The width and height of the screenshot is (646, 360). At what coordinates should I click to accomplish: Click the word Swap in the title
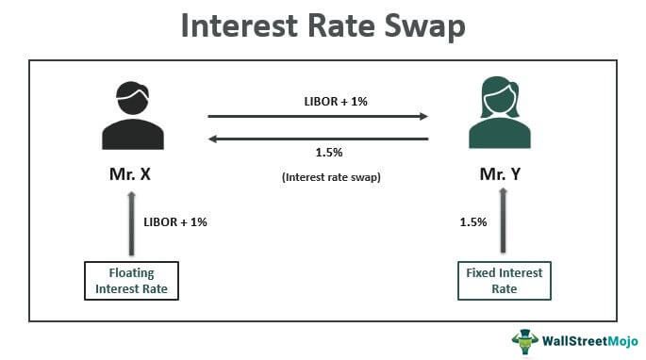(x=419, y=25)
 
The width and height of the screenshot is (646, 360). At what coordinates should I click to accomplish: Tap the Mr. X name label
(x=129, y=174)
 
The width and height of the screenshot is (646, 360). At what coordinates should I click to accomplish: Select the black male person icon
(x=129, y=118)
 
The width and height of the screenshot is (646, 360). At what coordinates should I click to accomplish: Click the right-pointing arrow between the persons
(x=318, y=118)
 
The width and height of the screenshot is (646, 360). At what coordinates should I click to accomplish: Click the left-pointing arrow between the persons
(x=318, y=139)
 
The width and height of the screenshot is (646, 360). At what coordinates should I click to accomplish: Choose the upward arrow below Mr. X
(x=129, y=222)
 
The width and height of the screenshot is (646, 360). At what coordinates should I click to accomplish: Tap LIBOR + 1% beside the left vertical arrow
(x=174, y=222)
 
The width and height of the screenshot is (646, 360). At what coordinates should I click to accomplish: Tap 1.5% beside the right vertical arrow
(x=472, y=222)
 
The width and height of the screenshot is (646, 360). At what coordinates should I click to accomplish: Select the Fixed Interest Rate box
(x=505, y=281)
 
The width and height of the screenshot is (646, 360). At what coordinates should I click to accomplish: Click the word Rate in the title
(x=337, y=25)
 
